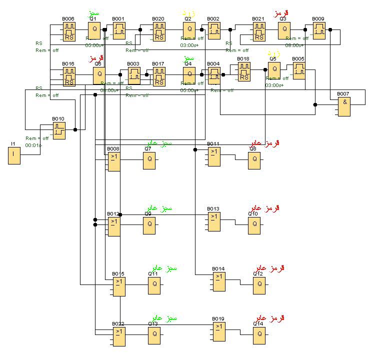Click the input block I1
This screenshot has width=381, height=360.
coord(14,156)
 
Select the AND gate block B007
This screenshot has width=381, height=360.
coord(343,106)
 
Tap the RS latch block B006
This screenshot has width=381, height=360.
coord(69,30)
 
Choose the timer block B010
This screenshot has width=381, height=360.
coord(59,130)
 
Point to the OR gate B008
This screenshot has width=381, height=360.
coord(114,161)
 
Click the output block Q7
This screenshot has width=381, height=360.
coord(149,161)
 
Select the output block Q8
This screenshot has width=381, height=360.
coord(254,161)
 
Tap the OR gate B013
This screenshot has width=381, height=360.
coord(214,221)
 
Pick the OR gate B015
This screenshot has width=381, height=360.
coord(118,286)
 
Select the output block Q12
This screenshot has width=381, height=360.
coord(259,286)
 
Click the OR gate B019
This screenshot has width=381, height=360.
coord(218,331)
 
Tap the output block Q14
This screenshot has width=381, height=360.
coord(259,335)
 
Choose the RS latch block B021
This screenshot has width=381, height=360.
coord(259,30)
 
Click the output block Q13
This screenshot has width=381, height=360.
coord(154,335)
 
